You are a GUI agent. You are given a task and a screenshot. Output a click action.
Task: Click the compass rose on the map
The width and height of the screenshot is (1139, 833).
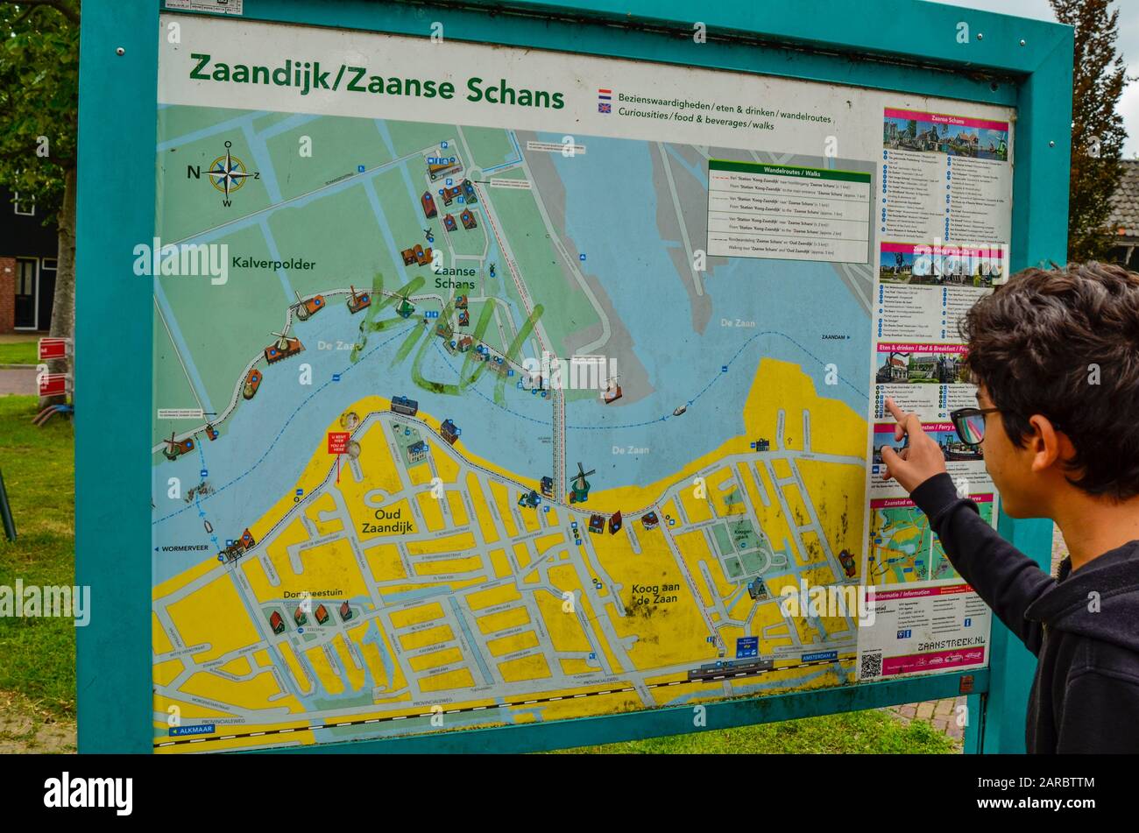(x=228, y=173)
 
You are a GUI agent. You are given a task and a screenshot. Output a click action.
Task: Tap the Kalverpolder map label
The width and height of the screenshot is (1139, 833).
(x=273, y=263)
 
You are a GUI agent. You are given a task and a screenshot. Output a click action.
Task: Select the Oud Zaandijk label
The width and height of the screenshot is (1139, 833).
(x=387, y=521)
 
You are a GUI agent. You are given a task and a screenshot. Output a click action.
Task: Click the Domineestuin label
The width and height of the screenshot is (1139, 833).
(x=312, y=593)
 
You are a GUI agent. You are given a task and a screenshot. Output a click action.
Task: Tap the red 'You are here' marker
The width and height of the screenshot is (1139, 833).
(x=338, y=442)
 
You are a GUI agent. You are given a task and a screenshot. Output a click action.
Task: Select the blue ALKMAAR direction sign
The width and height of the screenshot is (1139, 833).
(x=192, y=729)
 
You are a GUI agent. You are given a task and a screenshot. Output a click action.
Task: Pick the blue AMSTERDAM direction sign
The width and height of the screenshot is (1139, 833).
(x=817, y=656)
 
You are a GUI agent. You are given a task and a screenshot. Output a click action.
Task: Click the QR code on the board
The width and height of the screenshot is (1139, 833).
(x=870, y=666)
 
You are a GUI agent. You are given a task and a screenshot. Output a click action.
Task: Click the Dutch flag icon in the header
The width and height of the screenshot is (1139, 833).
(x=605, y=94)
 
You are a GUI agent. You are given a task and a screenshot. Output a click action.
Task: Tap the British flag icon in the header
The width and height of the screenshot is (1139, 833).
(x=605, y=108)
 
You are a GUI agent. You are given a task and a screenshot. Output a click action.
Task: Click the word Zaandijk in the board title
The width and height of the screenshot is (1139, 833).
(x=259, y=71)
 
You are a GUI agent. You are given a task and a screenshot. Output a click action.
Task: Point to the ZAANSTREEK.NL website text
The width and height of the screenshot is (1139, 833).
(x=951, y=644)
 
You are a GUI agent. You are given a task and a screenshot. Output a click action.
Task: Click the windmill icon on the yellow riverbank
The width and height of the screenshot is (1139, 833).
(x=580, y=482)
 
